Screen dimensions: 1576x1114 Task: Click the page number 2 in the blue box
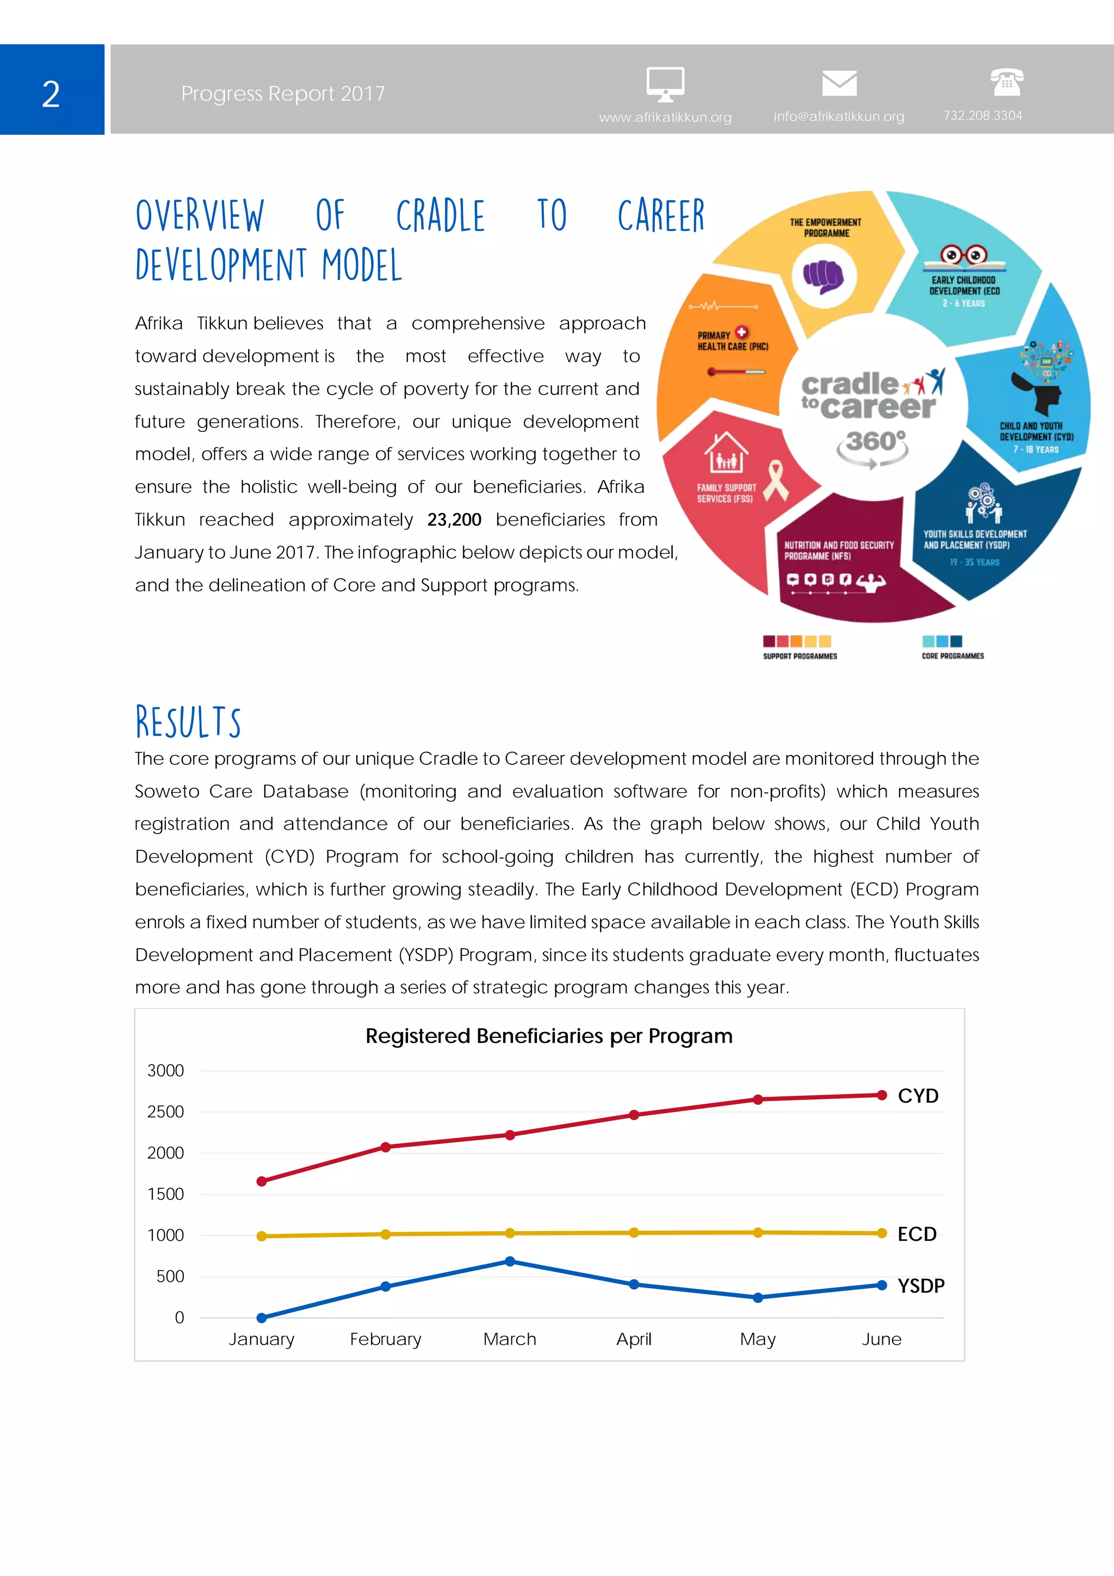pos(51,94)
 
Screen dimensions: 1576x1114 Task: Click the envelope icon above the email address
pos(839,83)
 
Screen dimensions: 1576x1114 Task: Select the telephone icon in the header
pos(1006,82)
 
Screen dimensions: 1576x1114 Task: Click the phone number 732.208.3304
pos(982,115)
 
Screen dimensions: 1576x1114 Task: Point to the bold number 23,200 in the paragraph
pos(454,520)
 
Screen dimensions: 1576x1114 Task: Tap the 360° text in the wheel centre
pos(875,441)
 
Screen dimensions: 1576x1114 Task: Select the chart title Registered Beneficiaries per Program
pos(548,1036)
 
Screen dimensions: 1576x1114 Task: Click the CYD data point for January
pos(262,1181)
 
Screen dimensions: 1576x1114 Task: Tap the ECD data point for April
pos(634,1233)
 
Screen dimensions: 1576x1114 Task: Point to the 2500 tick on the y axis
pos(165,1112)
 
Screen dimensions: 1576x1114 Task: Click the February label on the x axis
pos(385,1339)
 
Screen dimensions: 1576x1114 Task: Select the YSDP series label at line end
pos(920,1285)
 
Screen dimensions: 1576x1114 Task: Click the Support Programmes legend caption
pos(800,656)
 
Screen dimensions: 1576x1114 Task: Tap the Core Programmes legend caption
pos(952,656)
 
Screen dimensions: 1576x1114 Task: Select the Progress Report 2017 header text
pos(283,94)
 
